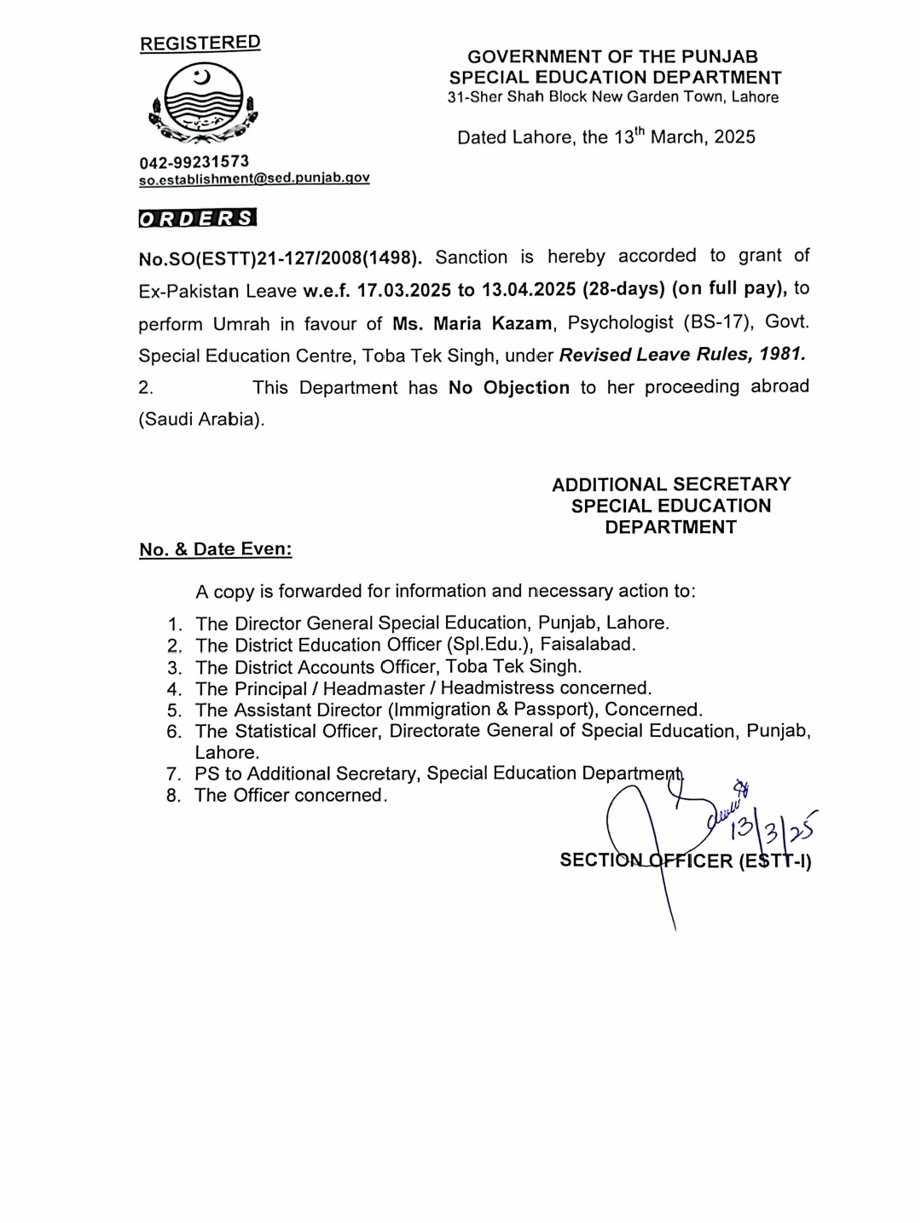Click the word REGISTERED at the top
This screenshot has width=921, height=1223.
point(200,43)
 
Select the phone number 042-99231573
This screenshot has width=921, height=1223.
point(194,161)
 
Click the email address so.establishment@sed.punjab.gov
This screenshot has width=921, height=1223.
point(254,178)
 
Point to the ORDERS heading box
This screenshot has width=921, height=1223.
point(197,218)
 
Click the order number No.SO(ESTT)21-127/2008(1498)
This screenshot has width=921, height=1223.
point(280,258)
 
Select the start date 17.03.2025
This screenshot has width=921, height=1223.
point(403,290)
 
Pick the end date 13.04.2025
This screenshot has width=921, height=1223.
point(529,289)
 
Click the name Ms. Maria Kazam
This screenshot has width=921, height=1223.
point(472,323)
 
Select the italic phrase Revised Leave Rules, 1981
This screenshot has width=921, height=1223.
point(682,355)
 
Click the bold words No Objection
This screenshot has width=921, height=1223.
point(508,388)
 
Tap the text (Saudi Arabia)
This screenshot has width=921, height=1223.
point(201,420)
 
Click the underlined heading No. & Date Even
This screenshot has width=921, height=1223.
point(216,549)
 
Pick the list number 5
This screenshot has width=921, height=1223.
point(174,710)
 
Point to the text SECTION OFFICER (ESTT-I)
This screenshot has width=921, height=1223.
point(685,861)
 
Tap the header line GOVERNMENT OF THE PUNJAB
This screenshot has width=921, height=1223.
point(612,57)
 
